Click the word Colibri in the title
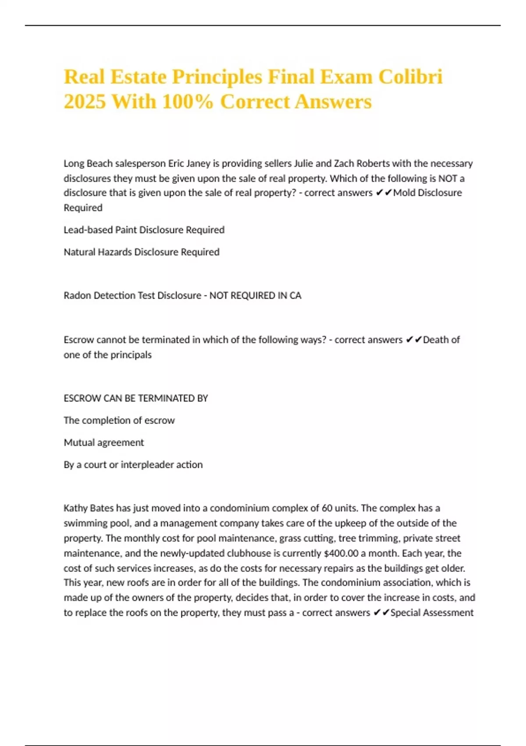coord(410,77)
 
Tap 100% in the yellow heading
coord(188,102)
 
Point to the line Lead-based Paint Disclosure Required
coord(144,230)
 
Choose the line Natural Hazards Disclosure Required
coord(141,252)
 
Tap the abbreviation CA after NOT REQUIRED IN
coord(295,296)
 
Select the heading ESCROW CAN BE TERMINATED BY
coord(135,398)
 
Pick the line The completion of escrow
coord(119,420)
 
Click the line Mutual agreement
coord(103,443)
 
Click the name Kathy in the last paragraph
coord(75,509)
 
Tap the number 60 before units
coord(327,509)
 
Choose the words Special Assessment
coord(432,613)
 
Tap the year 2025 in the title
coord(85,102)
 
